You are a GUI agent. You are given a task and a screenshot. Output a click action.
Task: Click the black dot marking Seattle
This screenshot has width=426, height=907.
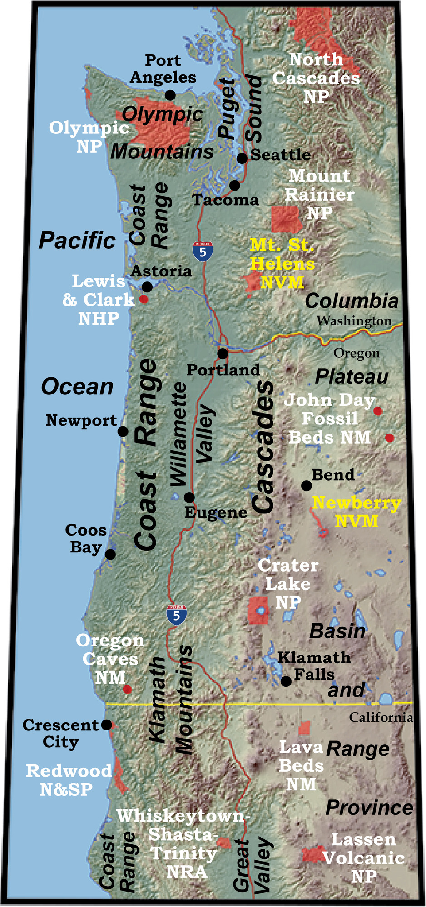click(242, 158)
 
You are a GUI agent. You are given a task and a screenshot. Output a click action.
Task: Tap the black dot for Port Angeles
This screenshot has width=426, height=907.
click(170, 95)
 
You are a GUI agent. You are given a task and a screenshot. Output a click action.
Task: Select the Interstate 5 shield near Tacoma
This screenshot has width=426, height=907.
click(203, 251)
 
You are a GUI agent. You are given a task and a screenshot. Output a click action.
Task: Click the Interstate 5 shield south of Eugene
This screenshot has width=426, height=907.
click(176, 615)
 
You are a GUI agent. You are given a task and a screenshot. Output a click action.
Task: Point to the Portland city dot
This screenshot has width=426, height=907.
click(223, 353)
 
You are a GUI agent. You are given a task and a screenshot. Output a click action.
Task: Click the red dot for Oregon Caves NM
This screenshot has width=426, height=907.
click(128, 689)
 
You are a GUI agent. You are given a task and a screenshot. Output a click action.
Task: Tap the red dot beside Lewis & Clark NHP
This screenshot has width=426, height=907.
click(144, 299)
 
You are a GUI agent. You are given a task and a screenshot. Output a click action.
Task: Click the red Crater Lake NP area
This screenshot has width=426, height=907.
click(258, 611)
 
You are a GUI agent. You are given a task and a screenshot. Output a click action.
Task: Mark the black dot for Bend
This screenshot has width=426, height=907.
click(307, 486)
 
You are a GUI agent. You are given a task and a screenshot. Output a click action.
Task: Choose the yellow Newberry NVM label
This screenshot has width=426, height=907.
click(357, 512)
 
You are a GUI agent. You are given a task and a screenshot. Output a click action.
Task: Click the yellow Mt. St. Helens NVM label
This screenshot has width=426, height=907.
click(282, 264)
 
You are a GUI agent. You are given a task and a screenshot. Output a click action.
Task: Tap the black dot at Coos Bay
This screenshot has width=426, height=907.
click(110, 554)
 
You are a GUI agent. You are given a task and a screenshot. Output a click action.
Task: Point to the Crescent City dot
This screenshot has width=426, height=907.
click(106, 725)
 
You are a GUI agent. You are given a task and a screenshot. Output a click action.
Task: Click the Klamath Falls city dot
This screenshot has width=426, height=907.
click(286, 681)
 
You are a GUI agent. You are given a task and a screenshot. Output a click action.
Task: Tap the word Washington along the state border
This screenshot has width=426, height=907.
click(354, 321)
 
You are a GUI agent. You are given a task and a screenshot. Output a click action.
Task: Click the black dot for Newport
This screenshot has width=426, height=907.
click(123, 431)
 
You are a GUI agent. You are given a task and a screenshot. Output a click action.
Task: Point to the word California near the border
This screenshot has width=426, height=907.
click(381, 718)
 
